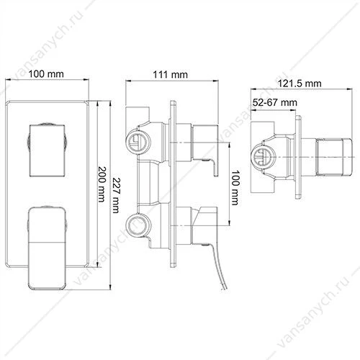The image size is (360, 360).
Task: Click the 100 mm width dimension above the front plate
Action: pos(46,74)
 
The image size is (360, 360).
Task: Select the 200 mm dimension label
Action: pos(102,184)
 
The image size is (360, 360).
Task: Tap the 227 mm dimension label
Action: pos(116,195)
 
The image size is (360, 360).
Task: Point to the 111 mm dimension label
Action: pos(170,75)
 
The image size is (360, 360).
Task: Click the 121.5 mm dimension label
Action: pos(300,84)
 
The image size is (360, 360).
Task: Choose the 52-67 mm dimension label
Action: pos(275,102)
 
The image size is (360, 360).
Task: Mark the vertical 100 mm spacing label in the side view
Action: pos(235,188)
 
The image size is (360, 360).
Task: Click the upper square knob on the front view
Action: pos(47,150)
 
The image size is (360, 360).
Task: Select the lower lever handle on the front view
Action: pos(47,248)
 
